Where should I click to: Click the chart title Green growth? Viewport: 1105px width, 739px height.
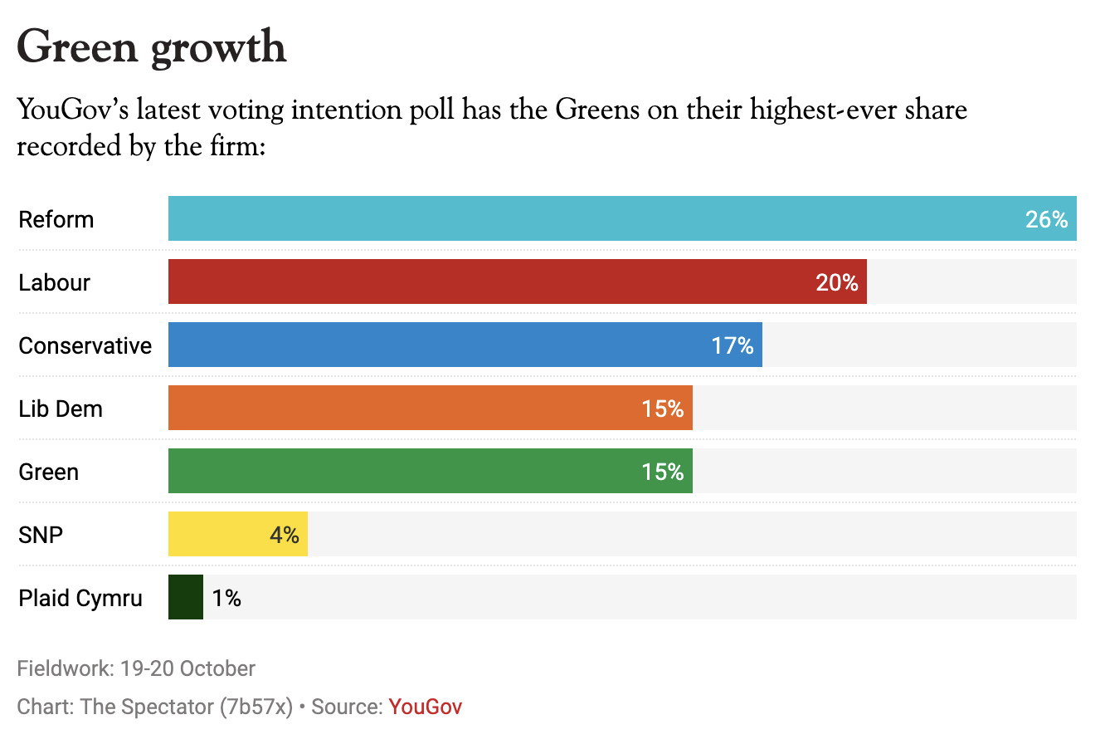coord(152,47)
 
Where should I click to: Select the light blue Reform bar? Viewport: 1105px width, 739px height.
coord(581,218)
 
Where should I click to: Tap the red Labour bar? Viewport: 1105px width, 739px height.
coord(498,281)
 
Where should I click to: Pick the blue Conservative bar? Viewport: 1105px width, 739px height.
coord(448,345)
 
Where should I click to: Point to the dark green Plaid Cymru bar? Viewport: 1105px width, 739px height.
coord(186,597)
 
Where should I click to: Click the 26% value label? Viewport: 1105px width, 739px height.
coord(1046,219)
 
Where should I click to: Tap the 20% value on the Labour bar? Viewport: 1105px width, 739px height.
coord(836,282)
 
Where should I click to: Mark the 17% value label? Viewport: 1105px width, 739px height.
coord(732,345)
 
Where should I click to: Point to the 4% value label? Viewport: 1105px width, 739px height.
coord(284,535)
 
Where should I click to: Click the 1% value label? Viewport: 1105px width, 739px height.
coord(226,598)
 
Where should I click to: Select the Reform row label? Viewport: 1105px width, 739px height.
coord(56,219)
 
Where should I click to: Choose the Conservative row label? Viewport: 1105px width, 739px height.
coord(85,345)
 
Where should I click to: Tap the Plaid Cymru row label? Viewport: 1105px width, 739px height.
coord(80,598)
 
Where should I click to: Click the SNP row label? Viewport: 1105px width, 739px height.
coord(41,535)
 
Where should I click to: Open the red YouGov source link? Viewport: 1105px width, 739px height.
coord(425,707)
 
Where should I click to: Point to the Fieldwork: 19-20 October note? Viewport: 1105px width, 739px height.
coord(136,668)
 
